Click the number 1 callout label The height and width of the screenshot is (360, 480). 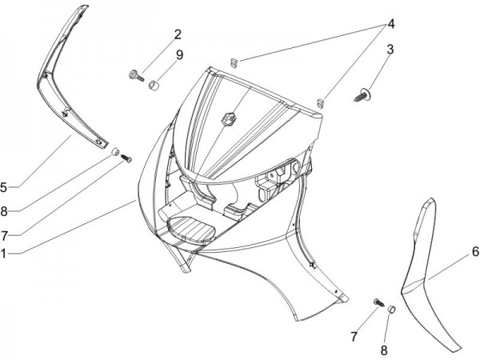pyautogui.click(x=5, y=253)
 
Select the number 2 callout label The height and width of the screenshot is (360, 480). pyautogui.click(x=178, y=34)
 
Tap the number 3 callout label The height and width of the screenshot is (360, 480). pyautogui.click(x=390, y=49)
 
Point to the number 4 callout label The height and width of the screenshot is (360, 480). pyautogui.click(x=391, y=23)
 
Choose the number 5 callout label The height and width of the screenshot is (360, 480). pyautogui.click(x=5, y=187)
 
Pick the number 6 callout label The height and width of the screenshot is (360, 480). pyautogui.click(x=474, y=251)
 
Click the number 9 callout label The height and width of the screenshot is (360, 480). pyautogui.click(x=179, y=54)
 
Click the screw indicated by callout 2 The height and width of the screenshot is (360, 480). pyautogui.click(x=135, y=76)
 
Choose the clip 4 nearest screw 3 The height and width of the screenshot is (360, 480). pyautogui.click(x=320, y=102)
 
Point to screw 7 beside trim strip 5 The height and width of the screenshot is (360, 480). pyautogui.click(x=125, y=158)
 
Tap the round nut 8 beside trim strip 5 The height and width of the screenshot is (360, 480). pyautogui.click(x=115, y=150)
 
